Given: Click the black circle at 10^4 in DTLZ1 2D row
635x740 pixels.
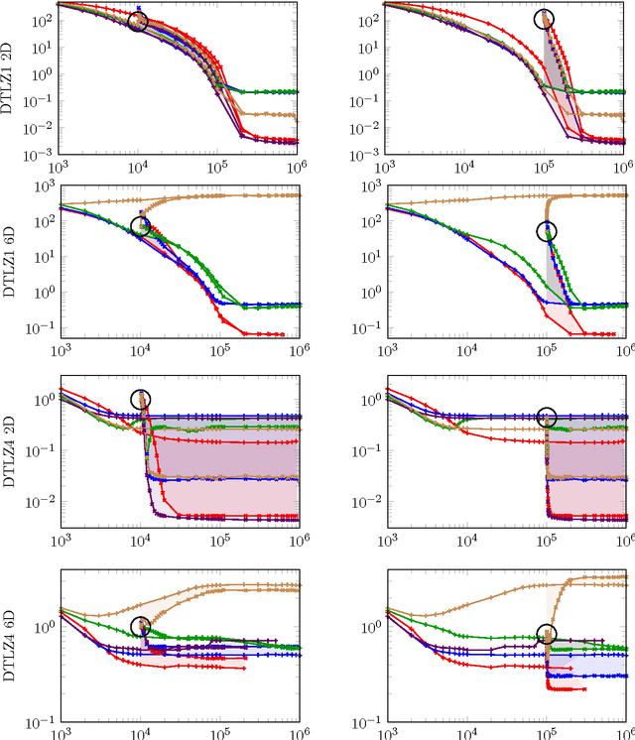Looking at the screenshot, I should (139, 21).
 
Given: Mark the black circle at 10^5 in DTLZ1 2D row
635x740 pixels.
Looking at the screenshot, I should (544, 19).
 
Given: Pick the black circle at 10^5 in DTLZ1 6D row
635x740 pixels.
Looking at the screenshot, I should (547, 232).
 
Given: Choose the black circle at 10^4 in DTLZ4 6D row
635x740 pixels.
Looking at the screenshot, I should (141, 626).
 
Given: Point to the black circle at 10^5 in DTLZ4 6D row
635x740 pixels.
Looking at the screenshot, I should (547, 634).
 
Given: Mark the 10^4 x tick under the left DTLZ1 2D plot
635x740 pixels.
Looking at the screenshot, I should (140, 164).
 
